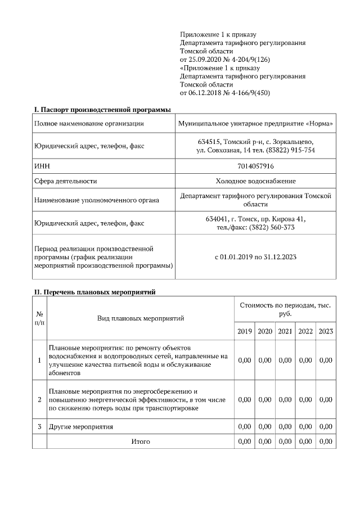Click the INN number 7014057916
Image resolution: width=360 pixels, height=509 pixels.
pos(255,166)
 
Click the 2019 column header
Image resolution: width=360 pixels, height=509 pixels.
pos(244,331)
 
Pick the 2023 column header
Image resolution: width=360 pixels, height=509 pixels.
pos(326,331)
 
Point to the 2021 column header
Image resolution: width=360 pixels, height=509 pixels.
pos(285,331)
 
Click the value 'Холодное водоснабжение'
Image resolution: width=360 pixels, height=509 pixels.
pos(255,181)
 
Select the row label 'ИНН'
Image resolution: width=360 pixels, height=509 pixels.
pos(42,166)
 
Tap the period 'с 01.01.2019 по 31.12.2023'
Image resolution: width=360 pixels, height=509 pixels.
pos(255,256)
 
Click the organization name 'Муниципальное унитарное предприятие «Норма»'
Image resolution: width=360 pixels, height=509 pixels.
pos(255,123)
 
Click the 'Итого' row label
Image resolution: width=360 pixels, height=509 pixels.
pos(140,442)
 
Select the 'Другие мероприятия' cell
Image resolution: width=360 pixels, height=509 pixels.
pos(81,427)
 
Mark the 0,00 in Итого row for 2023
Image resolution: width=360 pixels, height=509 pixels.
pos(326,442)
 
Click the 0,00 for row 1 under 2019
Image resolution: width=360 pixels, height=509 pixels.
pos(244,360)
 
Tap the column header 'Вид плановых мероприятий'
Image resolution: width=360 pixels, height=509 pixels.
pos(140,318)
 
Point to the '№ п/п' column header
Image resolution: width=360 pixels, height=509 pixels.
pos(39,318)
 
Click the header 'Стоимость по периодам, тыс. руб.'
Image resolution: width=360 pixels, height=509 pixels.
pos(285,309)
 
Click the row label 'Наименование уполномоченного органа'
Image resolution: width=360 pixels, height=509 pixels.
pos(96,200)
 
